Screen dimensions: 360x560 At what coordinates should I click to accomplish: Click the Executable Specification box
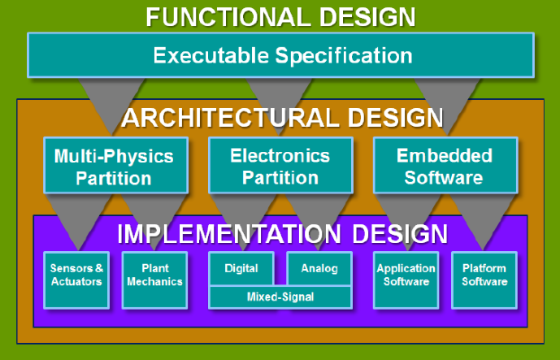[281, 55]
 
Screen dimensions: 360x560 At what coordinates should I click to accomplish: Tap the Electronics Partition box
[280, 166]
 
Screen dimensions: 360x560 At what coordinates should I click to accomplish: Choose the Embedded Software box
[444, 166]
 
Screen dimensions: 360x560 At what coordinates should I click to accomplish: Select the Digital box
[241, 268]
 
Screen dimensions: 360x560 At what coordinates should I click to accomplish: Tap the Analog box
[319, 268]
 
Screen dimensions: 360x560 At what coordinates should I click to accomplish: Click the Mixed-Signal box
[280, 297]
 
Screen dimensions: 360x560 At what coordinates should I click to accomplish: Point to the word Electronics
[280, 155]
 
